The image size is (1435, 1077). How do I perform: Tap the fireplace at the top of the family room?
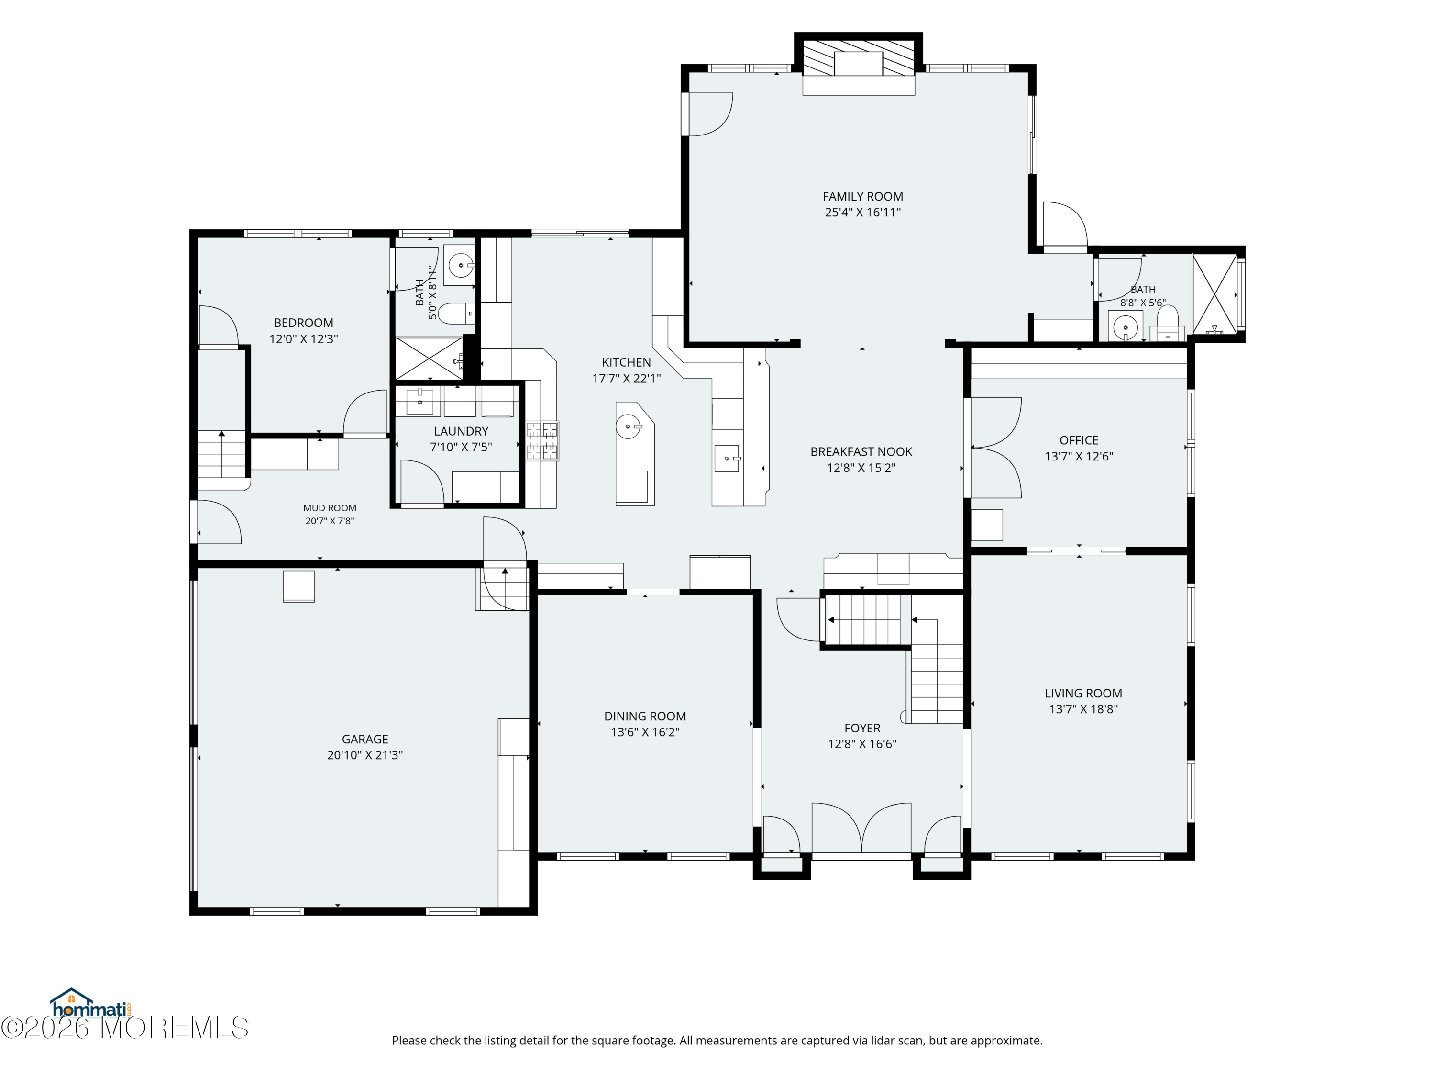[x=858, y=64]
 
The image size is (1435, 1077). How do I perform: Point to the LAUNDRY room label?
[x=461, y=431]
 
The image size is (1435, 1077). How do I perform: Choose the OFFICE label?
[x=1079, y=440]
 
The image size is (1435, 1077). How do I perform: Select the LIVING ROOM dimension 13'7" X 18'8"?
[x=1083, y=709]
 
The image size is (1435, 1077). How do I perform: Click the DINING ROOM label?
[x=645, y=716]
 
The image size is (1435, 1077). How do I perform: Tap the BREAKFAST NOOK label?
[x=861, y=452]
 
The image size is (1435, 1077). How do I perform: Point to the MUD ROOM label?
[x=330, y=508]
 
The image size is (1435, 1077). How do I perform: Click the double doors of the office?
[x=995, y=448]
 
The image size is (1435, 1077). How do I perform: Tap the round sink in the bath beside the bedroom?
[x=461, y=265]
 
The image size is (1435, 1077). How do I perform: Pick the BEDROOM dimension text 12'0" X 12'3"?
[x=304, y=339]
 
